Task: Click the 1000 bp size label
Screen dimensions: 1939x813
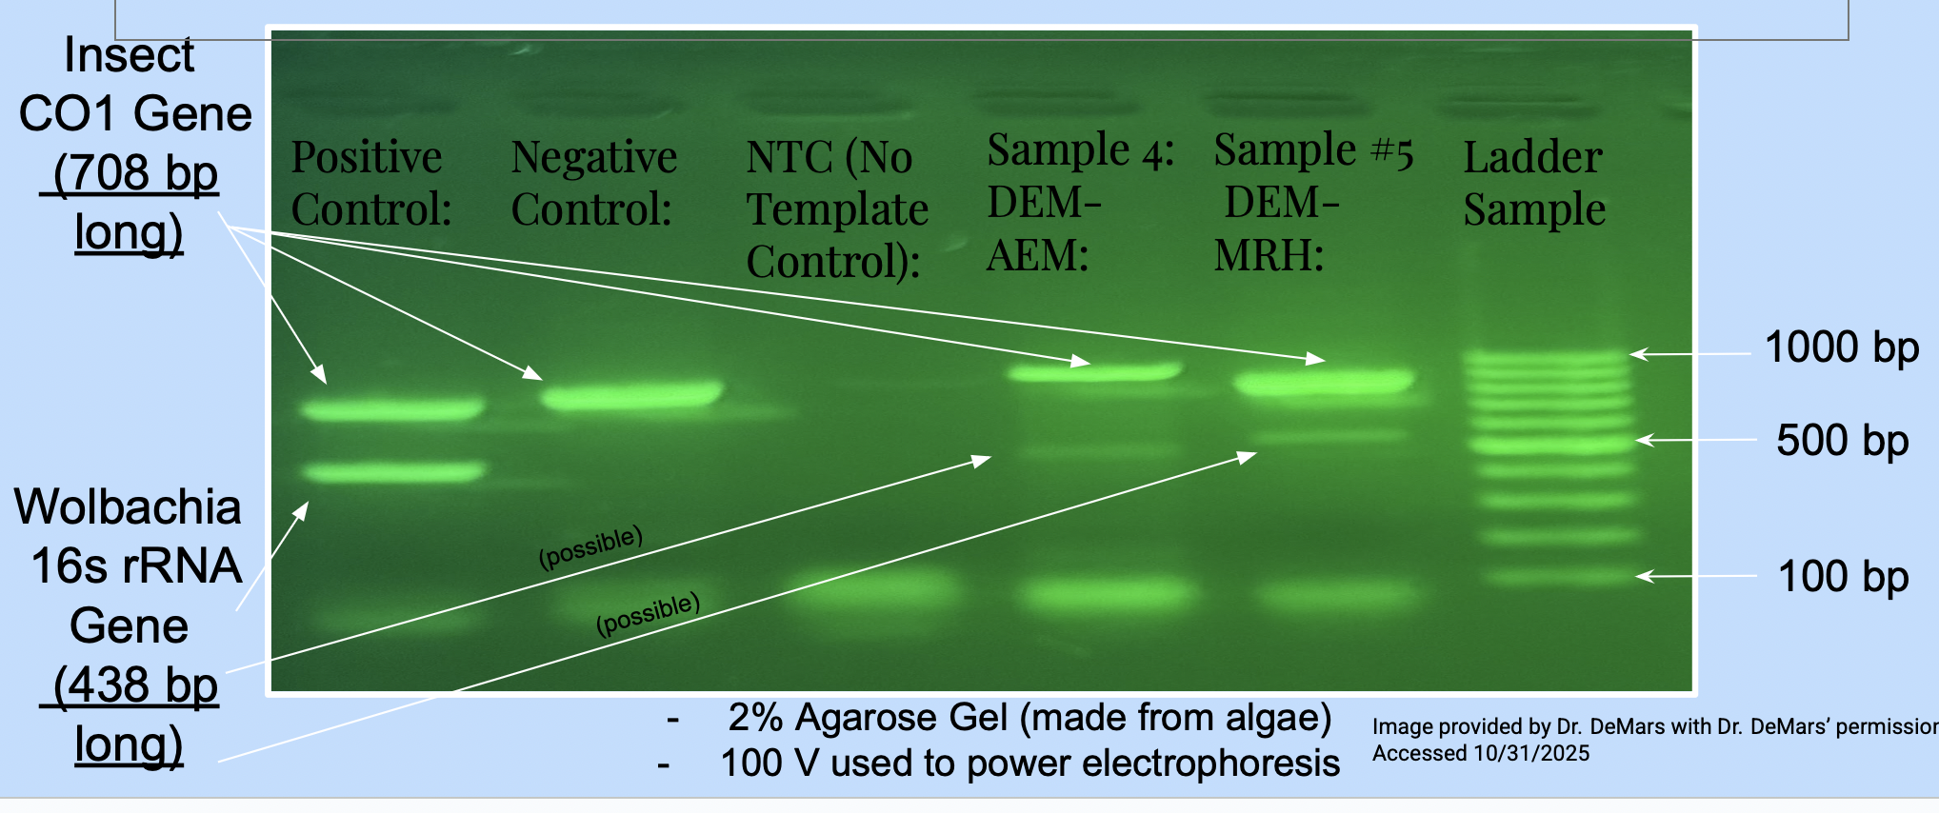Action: pos(1841,347)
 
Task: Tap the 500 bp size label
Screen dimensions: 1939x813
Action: pos(1842,441)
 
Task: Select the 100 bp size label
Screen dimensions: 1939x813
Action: pos(1843,577)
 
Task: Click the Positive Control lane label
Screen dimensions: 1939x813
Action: pos(371,183)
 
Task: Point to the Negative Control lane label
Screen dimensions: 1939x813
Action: pos(593,183)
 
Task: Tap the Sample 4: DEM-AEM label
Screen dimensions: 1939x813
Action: pos(1080,202)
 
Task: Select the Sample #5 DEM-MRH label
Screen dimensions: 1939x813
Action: pos(1313,202)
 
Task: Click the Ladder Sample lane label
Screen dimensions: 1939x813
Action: pos(1534,183)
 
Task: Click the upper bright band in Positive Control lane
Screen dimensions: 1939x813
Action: pos(392,410)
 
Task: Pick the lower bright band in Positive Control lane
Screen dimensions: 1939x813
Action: pos(392,471)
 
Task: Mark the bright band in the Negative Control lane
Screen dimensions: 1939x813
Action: pos(631,395)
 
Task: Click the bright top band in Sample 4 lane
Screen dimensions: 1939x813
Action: pos(1095,371)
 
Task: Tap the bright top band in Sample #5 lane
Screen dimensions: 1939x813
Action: pos(1324,383)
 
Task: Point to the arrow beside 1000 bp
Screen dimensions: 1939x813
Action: pos(1689,354)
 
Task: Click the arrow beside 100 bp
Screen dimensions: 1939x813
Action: pos(1696,576)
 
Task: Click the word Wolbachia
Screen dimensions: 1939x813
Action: pos(128,506)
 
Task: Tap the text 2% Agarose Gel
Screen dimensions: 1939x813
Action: pos(870,718)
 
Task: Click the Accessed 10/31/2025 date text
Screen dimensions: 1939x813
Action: pos(1481,753)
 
